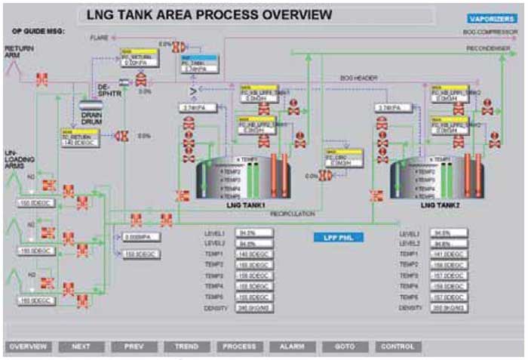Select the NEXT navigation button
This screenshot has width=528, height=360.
(81, 346)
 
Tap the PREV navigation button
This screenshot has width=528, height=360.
(134, 346)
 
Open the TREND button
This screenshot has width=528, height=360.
(186, 346)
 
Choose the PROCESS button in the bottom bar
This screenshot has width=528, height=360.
(239, 346)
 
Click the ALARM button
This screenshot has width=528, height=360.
(292, 346)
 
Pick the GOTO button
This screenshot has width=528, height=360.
(344, 346)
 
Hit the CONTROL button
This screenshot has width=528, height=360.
(398, 346)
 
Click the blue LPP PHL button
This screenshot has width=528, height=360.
(339, 237)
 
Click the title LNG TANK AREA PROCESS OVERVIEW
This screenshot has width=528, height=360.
(209, 14)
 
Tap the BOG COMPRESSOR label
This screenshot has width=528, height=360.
(491, 32)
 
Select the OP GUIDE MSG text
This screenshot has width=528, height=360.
(38, 31)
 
